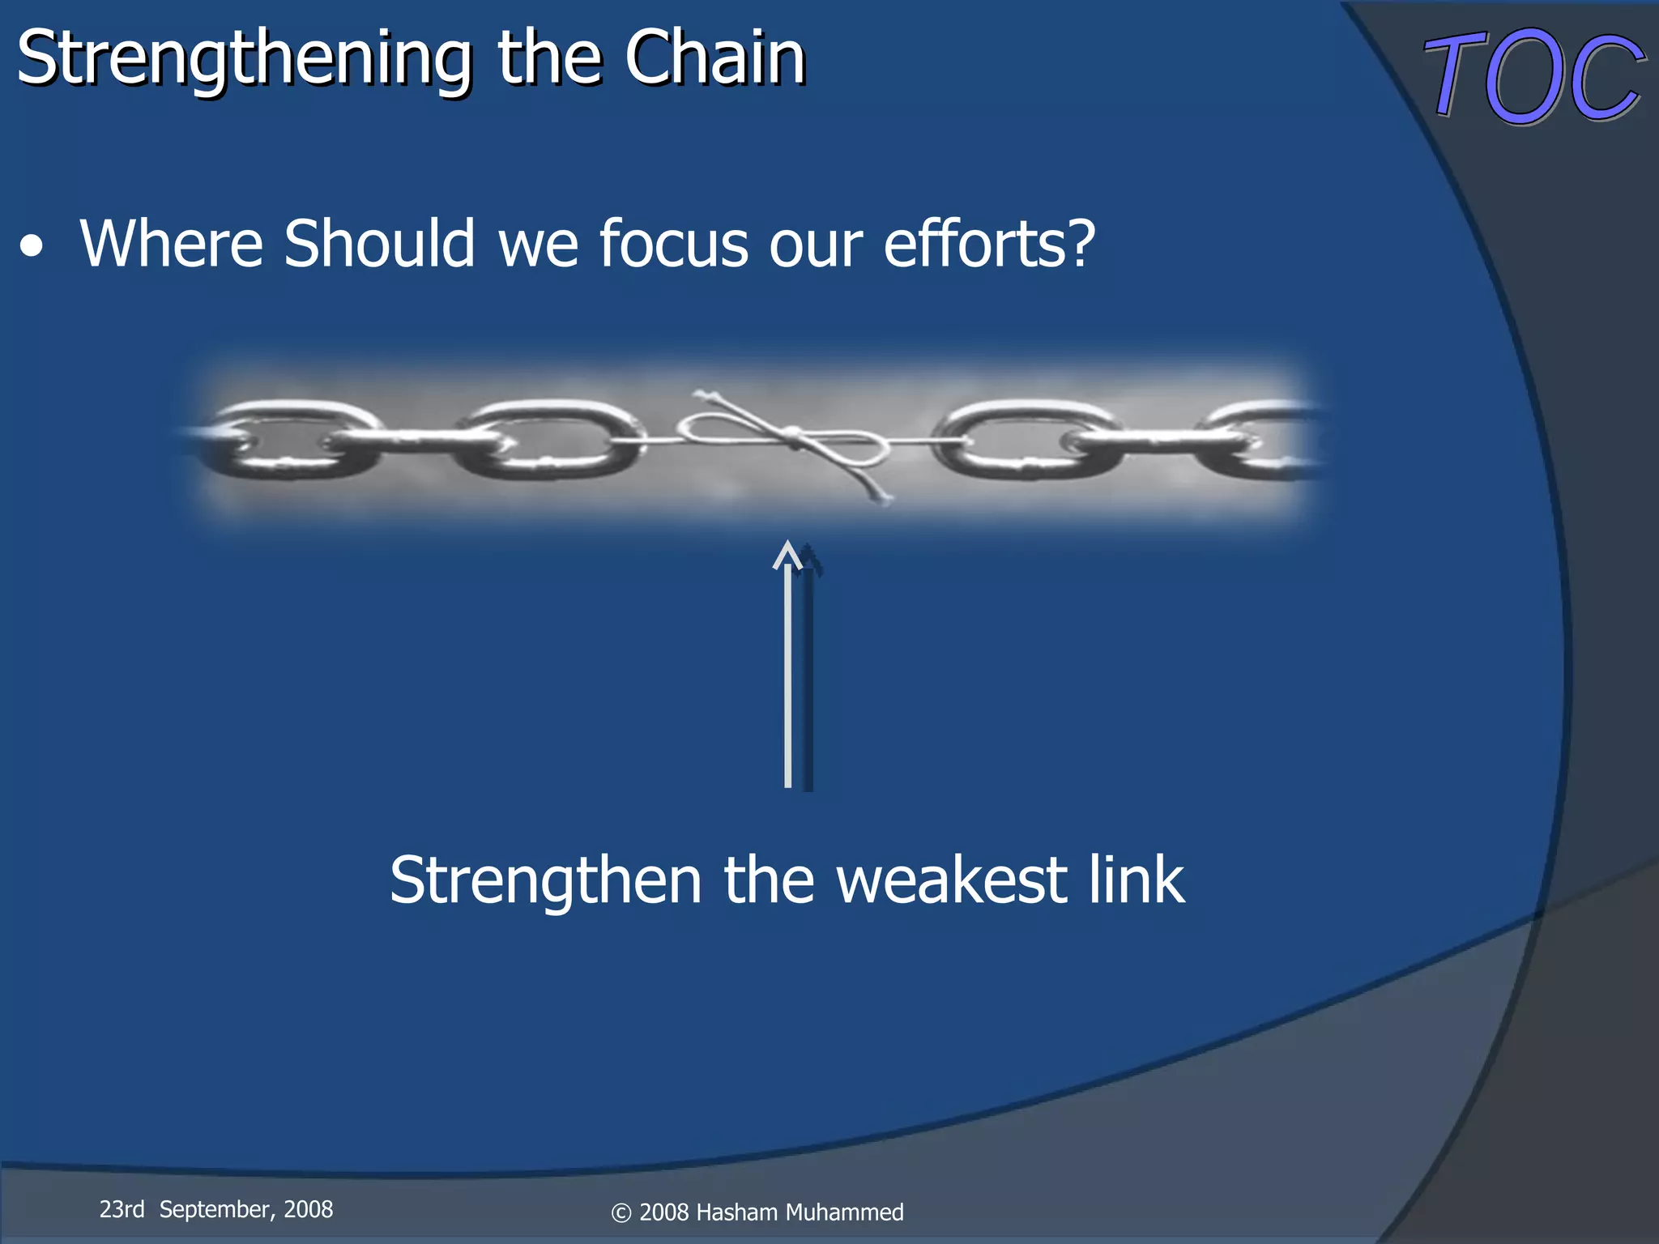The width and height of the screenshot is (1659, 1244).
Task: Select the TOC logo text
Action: pos(1533,77)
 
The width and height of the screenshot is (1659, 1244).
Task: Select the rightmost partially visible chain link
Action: pos(1264,440)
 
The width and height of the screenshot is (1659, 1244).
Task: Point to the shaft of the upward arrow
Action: pos(788,680)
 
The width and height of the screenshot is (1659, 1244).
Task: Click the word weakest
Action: pos(951,880)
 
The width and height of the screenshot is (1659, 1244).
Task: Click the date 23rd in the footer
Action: pos(122,1209)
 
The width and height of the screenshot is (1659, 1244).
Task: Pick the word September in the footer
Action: pos(215,1210)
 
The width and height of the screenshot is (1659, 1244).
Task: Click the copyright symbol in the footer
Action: pos(621,1213)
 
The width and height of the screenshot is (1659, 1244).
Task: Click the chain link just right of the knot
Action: pos(1025,440)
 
